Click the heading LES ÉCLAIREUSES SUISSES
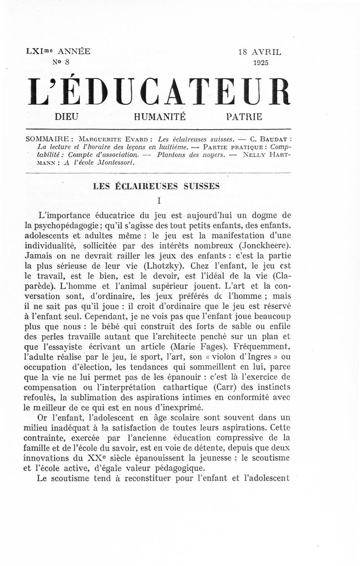pos(156,186)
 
